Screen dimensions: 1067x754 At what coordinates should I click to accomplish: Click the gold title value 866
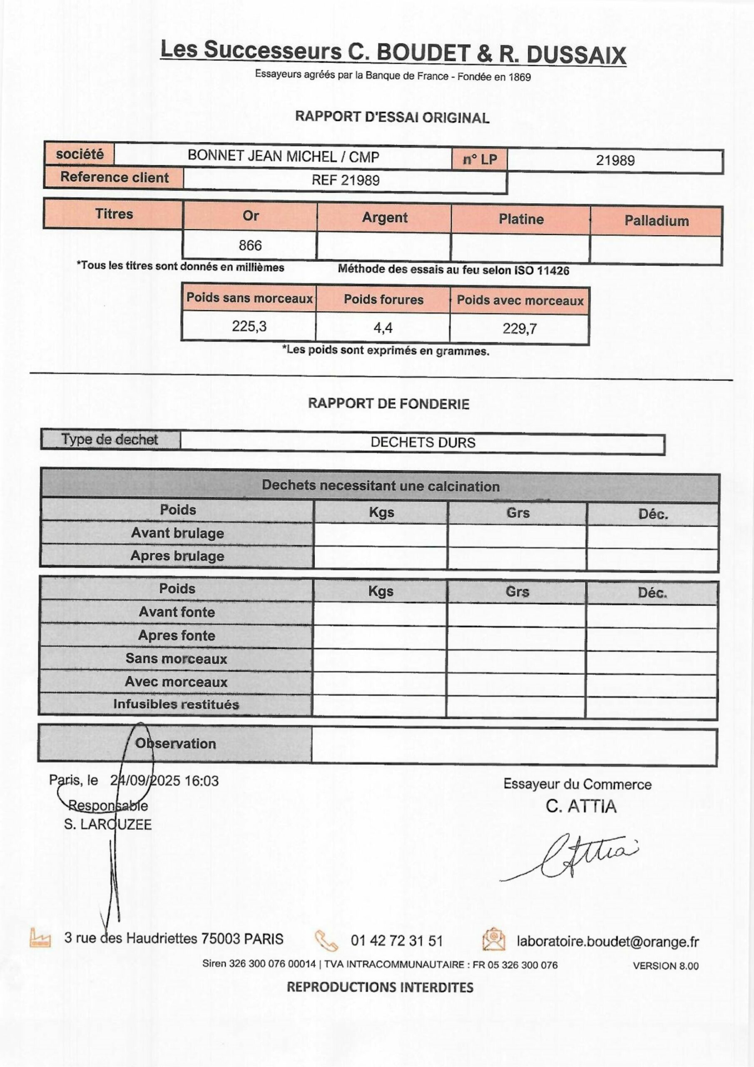[x=250, y=245]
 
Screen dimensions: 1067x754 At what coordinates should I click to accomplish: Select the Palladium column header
[x=656, y=221]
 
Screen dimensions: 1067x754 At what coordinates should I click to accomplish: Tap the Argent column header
[x=384, y=218]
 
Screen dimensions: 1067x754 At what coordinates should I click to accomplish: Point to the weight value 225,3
[x=249, y=326]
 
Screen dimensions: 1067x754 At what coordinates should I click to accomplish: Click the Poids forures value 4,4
[x=383, y=328]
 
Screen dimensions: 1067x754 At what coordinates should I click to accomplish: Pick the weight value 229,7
[x=520, y=329]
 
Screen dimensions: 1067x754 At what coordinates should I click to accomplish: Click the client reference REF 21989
[x=346, y=180]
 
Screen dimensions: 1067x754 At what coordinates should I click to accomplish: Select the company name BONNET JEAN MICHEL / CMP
[x=283, y=156]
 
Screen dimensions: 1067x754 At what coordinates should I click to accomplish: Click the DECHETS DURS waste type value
[x=423, y=442]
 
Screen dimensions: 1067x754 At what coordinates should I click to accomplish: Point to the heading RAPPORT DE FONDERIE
[x=388, y=403]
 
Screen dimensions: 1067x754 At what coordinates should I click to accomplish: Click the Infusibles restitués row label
[x=176, y=704]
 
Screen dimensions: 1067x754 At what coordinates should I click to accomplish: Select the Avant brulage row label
[x=177, y=533]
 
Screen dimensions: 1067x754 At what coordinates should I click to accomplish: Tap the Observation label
[x=176, y=743]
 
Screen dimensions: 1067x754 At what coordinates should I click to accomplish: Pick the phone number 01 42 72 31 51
[x=396, y=941]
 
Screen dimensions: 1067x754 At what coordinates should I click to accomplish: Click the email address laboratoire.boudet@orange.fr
[x=607, y=941]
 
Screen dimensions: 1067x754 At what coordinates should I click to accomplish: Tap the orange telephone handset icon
[x=326, y=940]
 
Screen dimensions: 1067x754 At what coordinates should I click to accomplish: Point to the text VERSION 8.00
[x=665, y=966]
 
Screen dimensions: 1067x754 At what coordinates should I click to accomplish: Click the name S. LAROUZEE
[x=108, y=824]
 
